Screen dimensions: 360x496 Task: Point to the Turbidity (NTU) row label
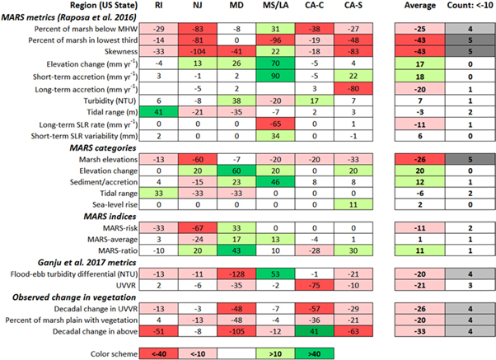coord(93,97)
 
